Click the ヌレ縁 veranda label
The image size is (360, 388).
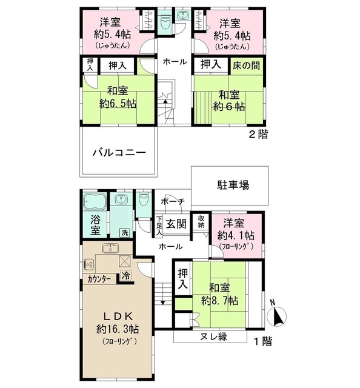coord(210,337)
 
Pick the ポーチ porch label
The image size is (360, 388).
coord(173,202)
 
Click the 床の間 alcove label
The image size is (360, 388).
coord(248,65)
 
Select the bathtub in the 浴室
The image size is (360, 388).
coord(94,201)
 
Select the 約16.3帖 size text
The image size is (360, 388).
coord(117,330)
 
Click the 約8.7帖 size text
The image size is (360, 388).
coord(219,300)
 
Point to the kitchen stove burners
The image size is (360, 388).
coord(88,264)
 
